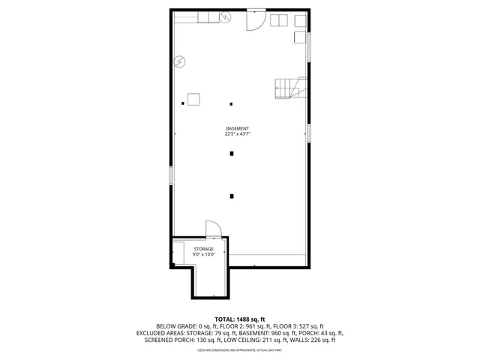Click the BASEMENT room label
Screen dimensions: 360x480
click(236, 128)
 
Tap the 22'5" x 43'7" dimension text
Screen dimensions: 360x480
click(236, 134)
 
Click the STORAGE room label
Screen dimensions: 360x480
click(204, 249)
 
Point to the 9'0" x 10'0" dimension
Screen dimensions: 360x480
click(204, 255)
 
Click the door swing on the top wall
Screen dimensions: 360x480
click(256, 20)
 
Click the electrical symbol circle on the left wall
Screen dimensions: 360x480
click(179, 61)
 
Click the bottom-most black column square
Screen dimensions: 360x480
click(232, 196)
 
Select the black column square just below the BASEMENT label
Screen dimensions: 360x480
click(232, 153)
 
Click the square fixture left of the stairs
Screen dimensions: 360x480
click(193, 99)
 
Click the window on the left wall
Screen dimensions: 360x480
click(171, 175)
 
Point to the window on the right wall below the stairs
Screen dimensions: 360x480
click(307, 132)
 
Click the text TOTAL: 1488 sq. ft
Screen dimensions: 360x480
click(240, 319)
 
